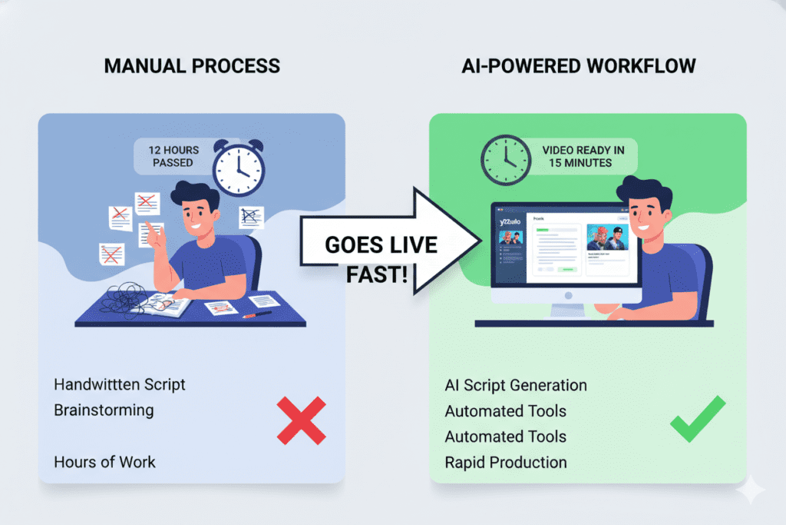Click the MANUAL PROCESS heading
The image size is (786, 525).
click(192, 65)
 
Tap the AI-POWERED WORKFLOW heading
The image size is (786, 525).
click(580, 65)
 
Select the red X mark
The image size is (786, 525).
click(301, 421)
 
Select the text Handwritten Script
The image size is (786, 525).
click(120, 384)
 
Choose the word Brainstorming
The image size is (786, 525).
click(104, 410)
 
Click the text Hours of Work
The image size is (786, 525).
click(104, 462)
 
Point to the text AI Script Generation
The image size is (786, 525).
click(516, 385)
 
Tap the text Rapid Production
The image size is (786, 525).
click(506, 463)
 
